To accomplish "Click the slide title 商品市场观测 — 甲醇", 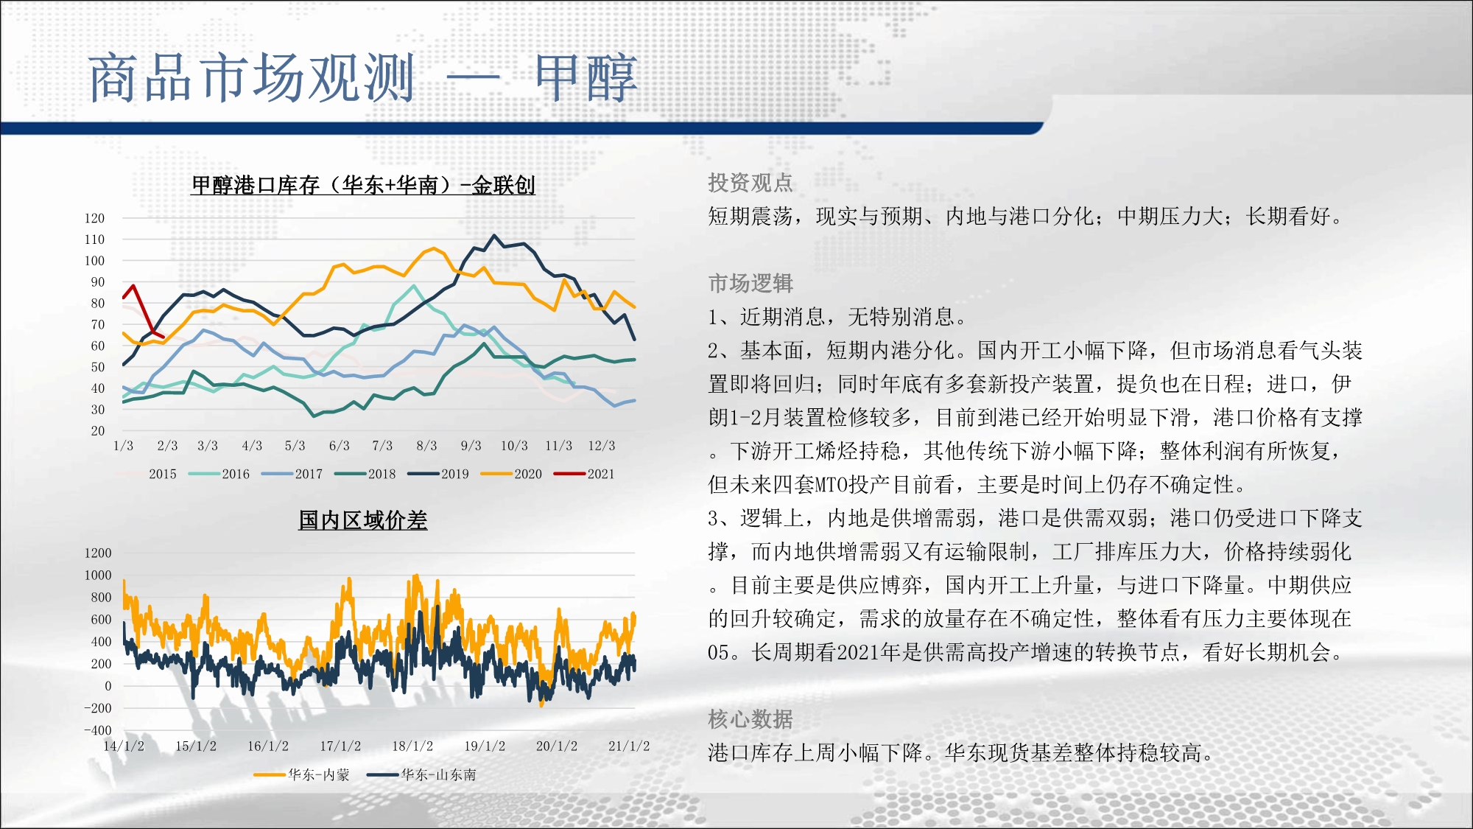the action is click(x=362, y=77).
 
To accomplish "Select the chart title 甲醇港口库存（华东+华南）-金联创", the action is click(x=363, y=185).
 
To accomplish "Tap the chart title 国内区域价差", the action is click(x=363, y=520).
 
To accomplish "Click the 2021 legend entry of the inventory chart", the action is click(x=584, y=474).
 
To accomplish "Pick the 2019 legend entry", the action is click(x=438, y=474).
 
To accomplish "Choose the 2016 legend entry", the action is click(x=219, y=474).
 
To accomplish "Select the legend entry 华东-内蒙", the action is click(x=301, y=774).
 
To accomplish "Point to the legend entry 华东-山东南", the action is click(x=421, y=774).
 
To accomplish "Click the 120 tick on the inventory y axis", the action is click(x=94, y=218).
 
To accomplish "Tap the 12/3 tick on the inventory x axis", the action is click(x=602, y=446).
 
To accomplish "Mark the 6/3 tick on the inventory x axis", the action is click(x=340, y=446).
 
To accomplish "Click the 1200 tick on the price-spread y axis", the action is click(x=98, y=553).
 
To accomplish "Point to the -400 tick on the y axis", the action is click(x=98, y=731).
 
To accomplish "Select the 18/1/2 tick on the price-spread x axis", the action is click(x=412, y=746).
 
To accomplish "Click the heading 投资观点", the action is click(x=750, y=183).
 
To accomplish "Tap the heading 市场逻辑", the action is click(x=750, y=283).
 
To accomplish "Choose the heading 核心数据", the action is click(x=750, y=719).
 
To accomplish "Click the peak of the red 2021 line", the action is click(x=133, y=286).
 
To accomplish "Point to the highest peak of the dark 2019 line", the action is click(x=494, y=236).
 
